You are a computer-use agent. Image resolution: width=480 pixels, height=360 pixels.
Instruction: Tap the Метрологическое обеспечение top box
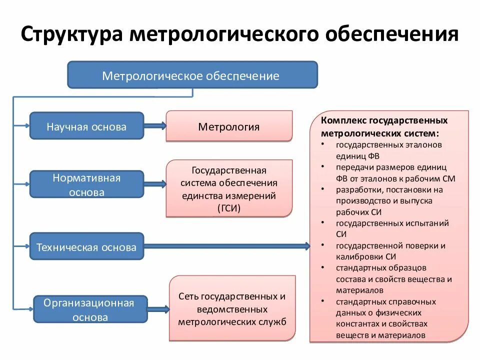pyautogui.click(x=192, y=75)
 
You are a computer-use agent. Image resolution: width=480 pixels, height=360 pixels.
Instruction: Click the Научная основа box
pyautogui.click(x=86, y=126)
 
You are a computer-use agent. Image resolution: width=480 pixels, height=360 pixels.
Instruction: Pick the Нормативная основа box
pyautogui.click(x=86, y=184)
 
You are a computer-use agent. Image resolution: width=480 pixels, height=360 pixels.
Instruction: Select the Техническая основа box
pyautogui.click(x=86, y=246)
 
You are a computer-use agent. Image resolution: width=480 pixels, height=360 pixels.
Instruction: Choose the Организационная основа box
pyautogui.click(x=90, y=309)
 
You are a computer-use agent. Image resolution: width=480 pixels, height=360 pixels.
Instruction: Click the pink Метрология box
pyautogui.click(x=228, y=126)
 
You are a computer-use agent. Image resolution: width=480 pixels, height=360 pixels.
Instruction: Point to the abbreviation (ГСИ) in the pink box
pyautogui.click(x=229, y=208)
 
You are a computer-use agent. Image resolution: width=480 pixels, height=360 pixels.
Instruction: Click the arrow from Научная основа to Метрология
pyautogui.click(x=154, y=126)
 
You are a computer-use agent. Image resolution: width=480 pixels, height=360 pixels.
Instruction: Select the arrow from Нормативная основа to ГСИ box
pyautogui.click(x=154, y=184)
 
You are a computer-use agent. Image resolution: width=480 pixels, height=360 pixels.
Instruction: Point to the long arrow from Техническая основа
pyautogui.click(x=225, y=246)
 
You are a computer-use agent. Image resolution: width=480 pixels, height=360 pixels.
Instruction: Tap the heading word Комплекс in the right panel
pyautogui.click(x=343, y=121)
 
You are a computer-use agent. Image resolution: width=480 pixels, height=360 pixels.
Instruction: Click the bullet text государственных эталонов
pyautogui.click(x=389, y=144)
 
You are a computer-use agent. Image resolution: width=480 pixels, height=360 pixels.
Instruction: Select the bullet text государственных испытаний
pyautogui.click(x=392, y=223)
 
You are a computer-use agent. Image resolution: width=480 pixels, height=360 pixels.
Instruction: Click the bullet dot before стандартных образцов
pyautogui.click(x=323, y=268)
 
